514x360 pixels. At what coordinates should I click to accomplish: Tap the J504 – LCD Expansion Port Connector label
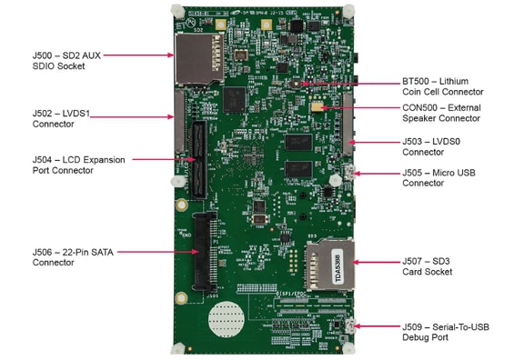(x=77, y=165)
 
